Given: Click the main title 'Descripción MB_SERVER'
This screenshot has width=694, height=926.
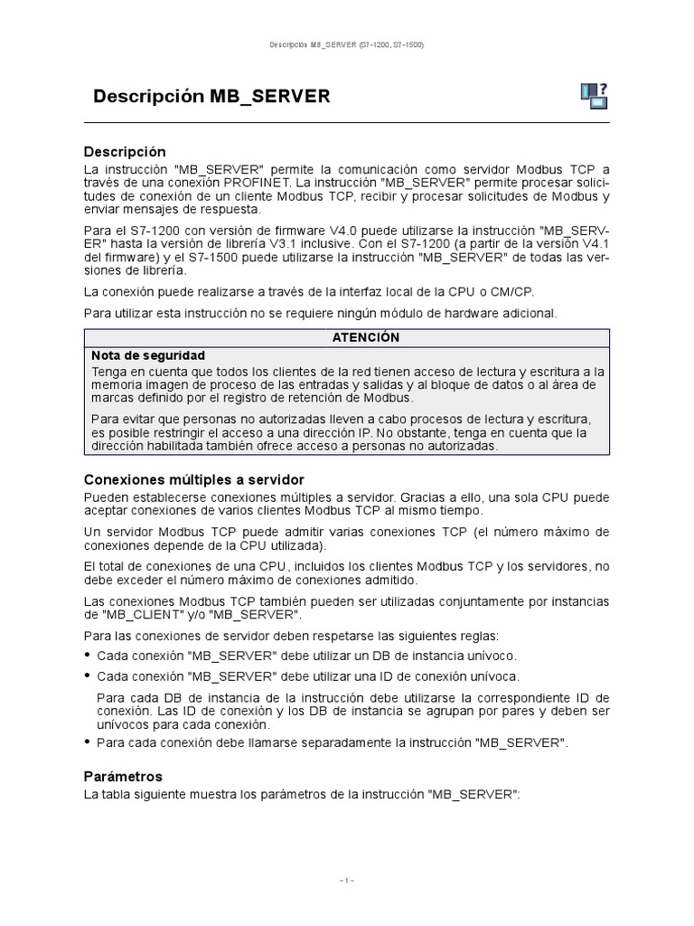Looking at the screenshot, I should tap(211, 97).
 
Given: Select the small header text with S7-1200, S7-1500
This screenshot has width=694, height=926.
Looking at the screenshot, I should tap(346, 44).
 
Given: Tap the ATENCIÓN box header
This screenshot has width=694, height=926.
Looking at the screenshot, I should tap(346, 336).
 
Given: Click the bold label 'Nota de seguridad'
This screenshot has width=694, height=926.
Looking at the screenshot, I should tap(148, 355).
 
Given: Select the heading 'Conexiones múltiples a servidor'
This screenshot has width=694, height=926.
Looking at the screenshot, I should tap(193, 479).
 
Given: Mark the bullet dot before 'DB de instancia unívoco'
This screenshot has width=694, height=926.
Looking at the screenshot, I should tap(88, 656).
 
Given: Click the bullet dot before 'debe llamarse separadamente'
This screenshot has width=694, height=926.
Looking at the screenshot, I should tap(88, 743).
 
